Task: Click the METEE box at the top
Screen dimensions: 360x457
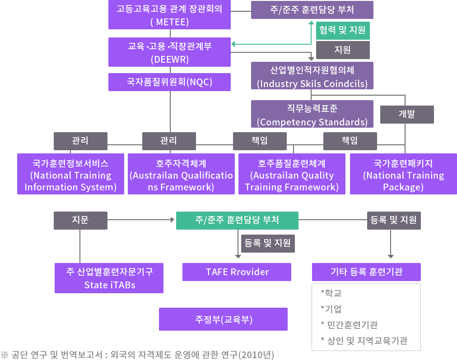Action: point(169,14)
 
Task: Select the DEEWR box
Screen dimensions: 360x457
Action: point(169,52)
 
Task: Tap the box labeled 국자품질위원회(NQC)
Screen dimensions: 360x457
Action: point(169,82)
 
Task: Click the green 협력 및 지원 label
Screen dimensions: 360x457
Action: point(343,31)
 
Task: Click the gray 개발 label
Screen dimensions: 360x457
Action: point(406,115)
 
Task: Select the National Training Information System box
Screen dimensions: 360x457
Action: point(70,174)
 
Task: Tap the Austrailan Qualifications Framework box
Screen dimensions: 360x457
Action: point(181,174)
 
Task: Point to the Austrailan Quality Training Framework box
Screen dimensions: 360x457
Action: point(292,174)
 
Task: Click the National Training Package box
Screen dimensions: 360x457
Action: point(403,174)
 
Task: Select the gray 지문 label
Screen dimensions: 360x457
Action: point(80,220)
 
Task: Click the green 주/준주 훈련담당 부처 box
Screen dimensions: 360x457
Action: point(237,220)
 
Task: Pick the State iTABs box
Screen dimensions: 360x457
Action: point(109,278)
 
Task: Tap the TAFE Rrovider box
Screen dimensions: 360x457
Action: point(237,272)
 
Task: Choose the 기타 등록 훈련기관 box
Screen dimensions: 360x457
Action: point(366,272)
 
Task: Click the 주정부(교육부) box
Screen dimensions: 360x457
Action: point(223,319)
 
